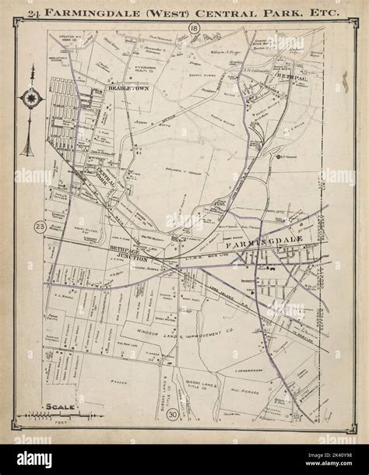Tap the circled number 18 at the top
pyautogui.click(x=192, y=29)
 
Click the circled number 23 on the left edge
pyautogui.click(x=40, y=226)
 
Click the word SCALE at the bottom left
pyautogui.click(x=59, y=406)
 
